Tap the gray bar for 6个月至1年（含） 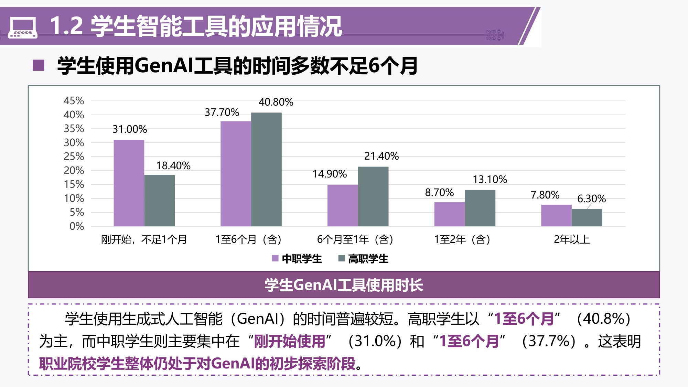coord(373,196)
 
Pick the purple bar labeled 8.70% coord(449,214)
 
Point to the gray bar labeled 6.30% coord(587,217)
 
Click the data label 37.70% coord(222,112)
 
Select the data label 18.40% coord(173,165)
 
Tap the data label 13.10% coord(490,179)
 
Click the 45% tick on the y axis coord(74,101)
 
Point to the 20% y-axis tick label coord(74,170)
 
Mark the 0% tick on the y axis coord(76,226)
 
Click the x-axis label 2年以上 coord(571,239)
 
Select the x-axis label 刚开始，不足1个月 coord(144,239)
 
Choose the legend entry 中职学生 coord(297,259)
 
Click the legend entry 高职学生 coord(363,259)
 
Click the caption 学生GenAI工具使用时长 coord(344,285)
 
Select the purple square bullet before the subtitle coord(39,65)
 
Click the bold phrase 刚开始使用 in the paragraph coord(289,341)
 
